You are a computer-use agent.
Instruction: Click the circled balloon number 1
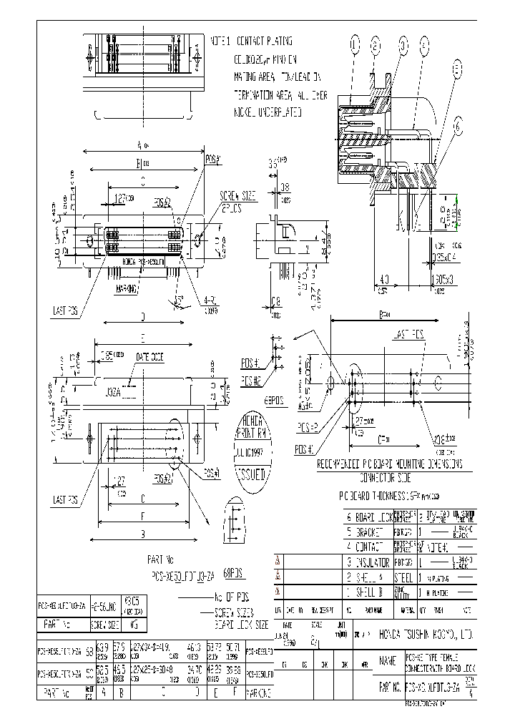pos(353,46)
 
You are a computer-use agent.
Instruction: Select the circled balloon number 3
pos(403,46)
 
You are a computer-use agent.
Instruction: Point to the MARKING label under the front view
pos(127,290)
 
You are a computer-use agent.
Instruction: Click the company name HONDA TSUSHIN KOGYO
pos(417,634)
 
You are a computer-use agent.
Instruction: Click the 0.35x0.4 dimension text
pos(448,256)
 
